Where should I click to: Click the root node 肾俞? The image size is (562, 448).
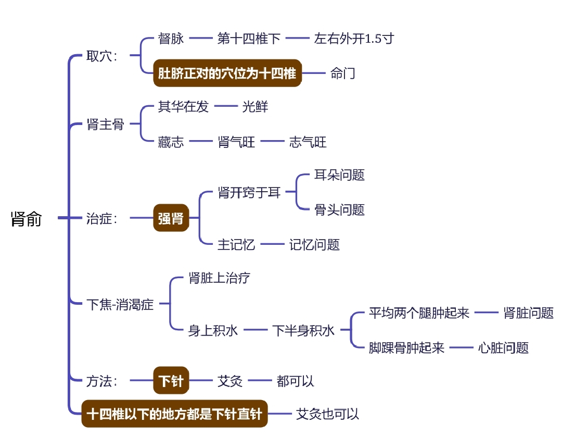point(26,219)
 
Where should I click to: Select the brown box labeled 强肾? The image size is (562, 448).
point(171,219)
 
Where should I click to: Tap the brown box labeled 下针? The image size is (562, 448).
point(171,381)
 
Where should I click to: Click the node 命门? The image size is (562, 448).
point(343,73)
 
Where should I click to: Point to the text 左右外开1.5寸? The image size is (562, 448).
point(354,39)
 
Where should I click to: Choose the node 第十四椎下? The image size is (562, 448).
point(249,39)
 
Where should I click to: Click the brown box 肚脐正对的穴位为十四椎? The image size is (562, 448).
point(227,73)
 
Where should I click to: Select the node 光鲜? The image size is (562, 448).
point(255,107)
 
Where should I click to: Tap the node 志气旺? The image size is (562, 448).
point(308,142)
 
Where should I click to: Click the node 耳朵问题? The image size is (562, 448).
point(339,175)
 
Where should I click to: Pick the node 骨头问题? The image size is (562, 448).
point(339,210)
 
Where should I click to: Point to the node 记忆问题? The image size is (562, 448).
point(314,244)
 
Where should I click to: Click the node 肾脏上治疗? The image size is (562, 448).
point(219,278)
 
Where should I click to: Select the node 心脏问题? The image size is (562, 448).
point(503,347)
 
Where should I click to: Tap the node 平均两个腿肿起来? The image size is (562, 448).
point(419,313)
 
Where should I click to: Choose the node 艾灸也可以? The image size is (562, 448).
point(327,414)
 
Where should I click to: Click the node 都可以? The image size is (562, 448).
point(296,381)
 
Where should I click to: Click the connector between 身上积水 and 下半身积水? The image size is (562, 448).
point(255,330)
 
